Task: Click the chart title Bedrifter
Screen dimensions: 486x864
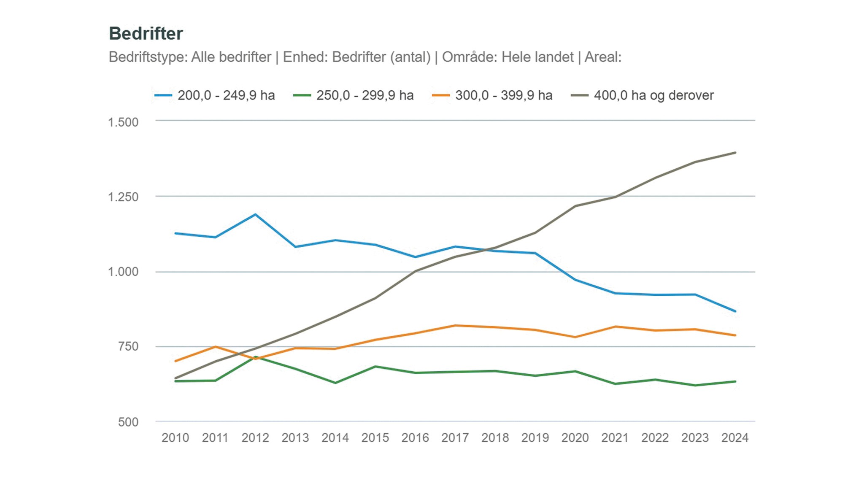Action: point(146,34)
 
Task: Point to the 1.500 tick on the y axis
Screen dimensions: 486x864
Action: point(123,122)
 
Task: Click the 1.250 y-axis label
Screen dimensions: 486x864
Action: point(123,197)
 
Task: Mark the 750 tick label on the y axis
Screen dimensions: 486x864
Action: point(128,346)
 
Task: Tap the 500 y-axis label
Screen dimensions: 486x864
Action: point(128,422)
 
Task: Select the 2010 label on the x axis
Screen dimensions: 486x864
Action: point(175,438)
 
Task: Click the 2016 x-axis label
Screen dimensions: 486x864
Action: point(415,438)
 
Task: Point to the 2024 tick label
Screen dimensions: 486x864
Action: point(735,438)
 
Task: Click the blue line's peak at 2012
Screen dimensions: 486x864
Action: point(255,214)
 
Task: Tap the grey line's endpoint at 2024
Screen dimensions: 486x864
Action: point(735,153)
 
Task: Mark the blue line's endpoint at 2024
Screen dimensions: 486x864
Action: point(735,311)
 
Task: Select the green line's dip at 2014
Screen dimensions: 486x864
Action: point(335,383)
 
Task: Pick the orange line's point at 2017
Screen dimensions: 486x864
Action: point(455,325)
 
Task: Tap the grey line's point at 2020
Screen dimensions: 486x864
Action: point(575,206)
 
